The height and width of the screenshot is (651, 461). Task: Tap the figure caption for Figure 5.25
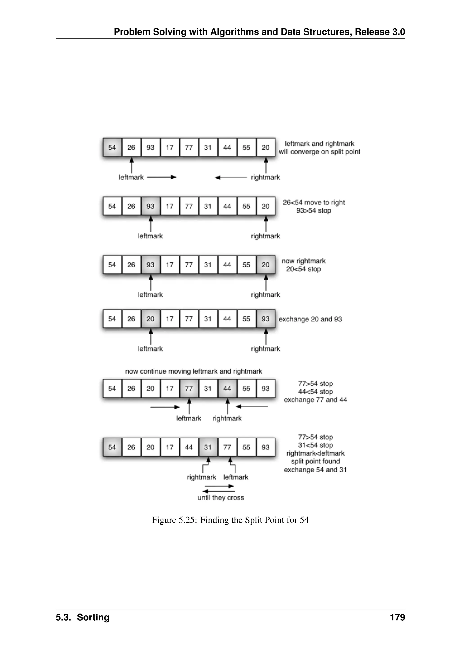click(230, 520)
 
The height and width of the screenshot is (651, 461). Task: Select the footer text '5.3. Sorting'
click(83, 617)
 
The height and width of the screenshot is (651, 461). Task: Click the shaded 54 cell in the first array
click(112, 147)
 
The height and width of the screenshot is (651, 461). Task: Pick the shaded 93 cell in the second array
click(150, 206)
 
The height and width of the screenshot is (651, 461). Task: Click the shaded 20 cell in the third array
click(266, 265)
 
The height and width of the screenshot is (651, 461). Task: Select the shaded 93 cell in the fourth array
click(266, 319)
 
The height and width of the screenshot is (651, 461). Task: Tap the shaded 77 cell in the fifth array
click(189, 389)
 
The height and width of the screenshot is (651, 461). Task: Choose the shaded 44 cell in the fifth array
click(227, 389)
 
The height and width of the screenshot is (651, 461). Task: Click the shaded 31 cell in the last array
click(208, 447)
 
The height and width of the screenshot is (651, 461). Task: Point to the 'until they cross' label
click(221, 498)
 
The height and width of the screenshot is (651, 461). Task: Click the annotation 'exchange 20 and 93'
click(310, 319)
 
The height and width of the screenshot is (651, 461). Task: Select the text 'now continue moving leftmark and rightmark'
click(194, 371)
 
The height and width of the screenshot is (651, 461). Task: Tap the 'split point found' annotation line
click(315, 461)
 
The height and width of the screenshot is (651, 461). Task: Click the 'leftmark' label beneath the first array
click(131, 178)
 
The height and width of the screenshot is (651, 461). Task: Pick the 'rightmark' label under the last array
click(201, 477)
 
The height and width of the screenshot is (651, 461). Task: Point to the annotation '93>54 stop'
click(314, 211)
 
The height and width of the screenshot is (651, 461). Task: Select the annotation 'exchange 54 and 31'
click(315, 470)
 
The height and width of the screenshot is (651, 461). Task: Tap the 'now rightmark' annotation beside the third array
click(303, 261)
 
